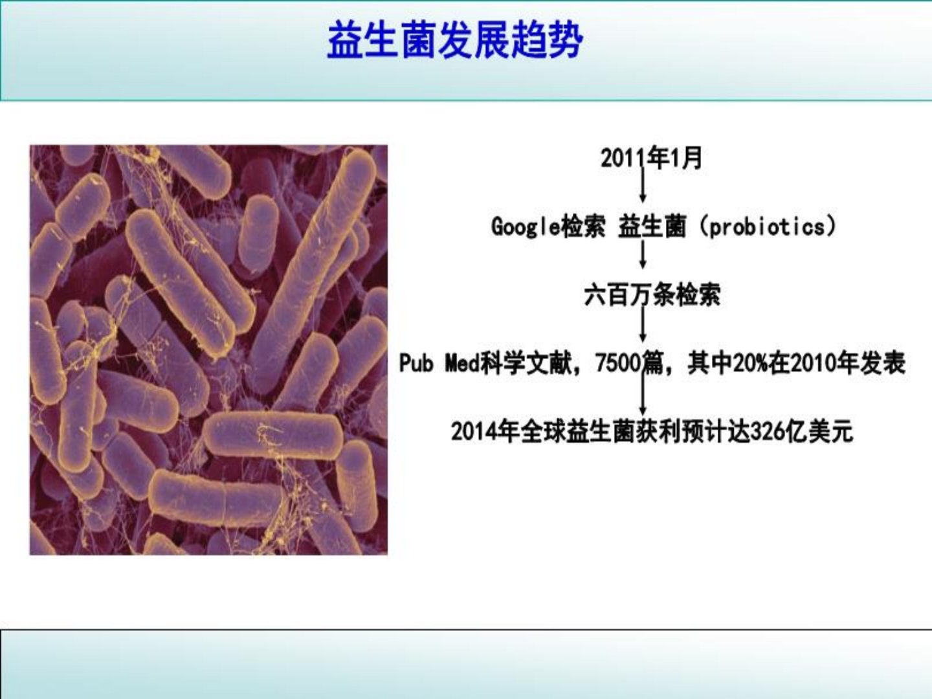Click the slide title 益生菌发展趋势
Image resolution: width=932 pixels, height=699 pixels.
pyautogui.click(x=455, y=41)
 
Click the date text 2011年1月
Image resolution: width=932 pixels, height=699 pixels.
pyautogui.click(x=651, y=158)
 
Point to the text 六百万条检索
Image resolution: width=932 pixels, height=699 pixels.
pyautogui.click(x=652, y=294)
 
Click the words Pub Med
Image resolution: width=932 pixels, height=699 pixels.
pyautogui.click(x=439, y=363)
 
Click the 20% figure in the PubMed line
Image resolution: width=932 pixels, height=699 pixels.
pyautogui.click(x=751, y=363)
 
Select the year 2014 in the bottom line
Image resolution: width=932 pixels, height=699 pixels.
pyautogui.click(x=474, y=432)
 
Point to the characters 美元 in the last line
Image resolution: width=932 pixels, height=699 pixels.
pyautogui.click(x=831, y=432)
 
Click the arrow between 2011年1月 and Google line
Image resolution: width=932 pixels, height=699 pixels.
pyautogui.click(x=643, y=184)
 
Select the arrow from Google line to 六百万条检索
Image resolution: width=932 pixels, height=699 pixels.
pyautogui.click(x=643, y=254)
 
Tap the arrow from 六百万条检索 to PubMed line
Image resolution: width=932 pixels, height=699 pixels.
pyautogui.click(x=643, y=324)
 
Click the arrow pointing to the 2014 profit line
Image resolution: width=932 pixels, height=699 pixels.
pyautogui.click(x=643, y=394)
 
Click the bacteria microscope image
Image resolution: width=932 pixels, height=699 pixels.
pyautogui.click(x=208, y=349)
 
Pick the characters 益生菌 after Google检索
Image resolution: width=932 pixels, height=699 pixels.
pyautogui.click(x=652, y=227)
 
